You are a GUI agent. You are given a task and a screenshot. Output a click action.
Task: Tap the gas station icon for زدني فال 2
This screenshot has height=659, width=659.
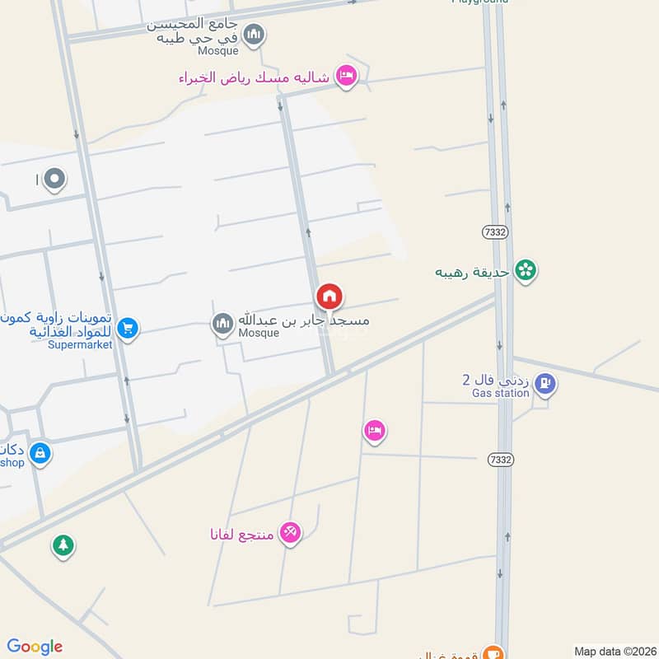[544, 383]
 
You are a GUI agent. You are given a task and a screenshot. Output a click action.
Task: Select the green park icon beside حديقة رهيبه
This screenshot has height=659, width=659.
[525, 269]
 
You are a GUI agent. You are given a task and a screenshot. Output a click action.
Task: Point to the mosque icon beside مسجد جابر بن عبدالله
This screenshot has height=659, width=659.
[222, 324]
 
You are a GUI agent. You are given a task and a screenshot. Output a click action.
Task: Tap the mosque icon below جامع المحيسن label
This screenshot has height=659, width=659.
[255, 35]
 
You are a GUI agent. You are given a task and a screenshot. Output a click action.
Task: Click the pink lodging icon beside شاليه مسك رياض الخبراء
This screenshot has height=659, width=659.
[347, 77]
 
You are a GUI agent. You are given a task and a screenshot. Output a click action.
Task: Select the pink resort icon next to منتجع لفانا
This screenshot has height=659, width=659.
[290, 532]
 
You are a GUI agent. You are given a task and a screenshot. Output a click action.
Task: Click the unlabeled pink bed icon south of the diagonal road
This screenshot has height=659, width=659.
[375, 430]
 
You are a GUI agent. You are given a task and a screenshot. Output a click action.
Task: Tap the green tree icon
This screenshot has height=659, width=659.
[63, 544]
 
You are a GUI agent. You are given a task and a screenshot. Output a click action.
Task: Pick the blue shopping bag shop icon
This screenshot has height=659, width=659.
[40, 452]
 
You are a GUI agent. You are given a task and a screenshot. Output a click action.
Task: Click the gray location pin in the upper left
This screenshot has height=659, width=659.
[54, 178]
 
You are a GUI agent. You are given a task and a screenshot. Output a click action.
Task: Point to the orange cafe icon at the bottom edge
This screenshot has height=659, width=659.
[493, 652]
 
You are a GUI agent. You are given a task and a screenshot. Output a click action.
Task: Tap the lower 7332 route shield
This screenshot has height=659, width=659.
[499, 458]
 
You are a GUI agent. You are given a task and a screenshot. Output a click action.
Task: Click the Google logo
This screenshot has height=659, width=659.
[35, 647]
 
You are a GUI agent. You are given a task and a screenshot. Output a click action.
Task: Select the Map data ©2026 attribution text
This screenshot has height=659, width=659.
[612, 651]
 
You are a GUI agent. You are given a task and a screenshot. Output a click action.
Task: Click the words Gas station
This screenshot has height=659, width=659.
[500, 394]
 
